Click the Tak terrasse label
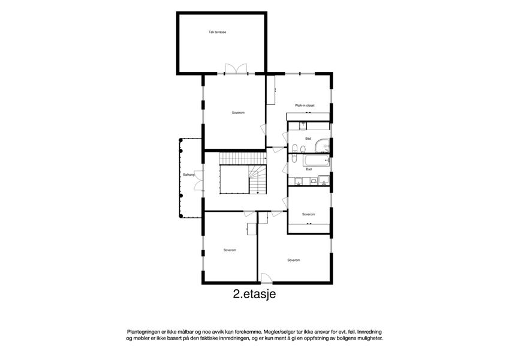pyautogui.click(x=217, y=32)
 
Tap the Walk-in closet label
pyautogui.click(x=305, y=106)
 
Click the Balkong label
pyautogui.click(x=189, y=175)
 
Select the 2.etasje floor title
pyautogui.click(x=254, y=294)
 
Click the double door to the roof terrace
pyautogui.click(x=236, y=69)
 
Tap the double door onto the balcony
pyautogui.click(x=198, y=180)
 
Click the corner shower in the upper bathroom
pyautogui.click(x=322, y=146)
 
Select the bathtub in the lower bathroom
pyautogui.click(x=316, y=160)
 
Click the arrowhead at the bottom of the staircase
pyautogui.click(x=258, y=193)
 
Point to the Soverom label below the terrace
pyautogui.click(x=238, y=113)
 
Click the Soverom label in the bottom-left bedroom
pyautogui.click(x=230, y=250)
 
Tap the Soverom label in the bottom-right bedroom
pyautogui.click(x=293, y=260)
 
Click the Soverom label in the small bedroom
pyautogui.click(x=308, y=214)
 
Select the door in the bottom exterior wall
pyautogui.click(x=267, y=278)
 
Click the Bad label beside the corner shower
pyautogui.click(x=308, y=139)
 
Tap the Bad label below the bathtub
pyautogui.click(x=309, y=169)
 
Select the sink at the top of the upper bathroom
pyautogui.click(x=303, y=125)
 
